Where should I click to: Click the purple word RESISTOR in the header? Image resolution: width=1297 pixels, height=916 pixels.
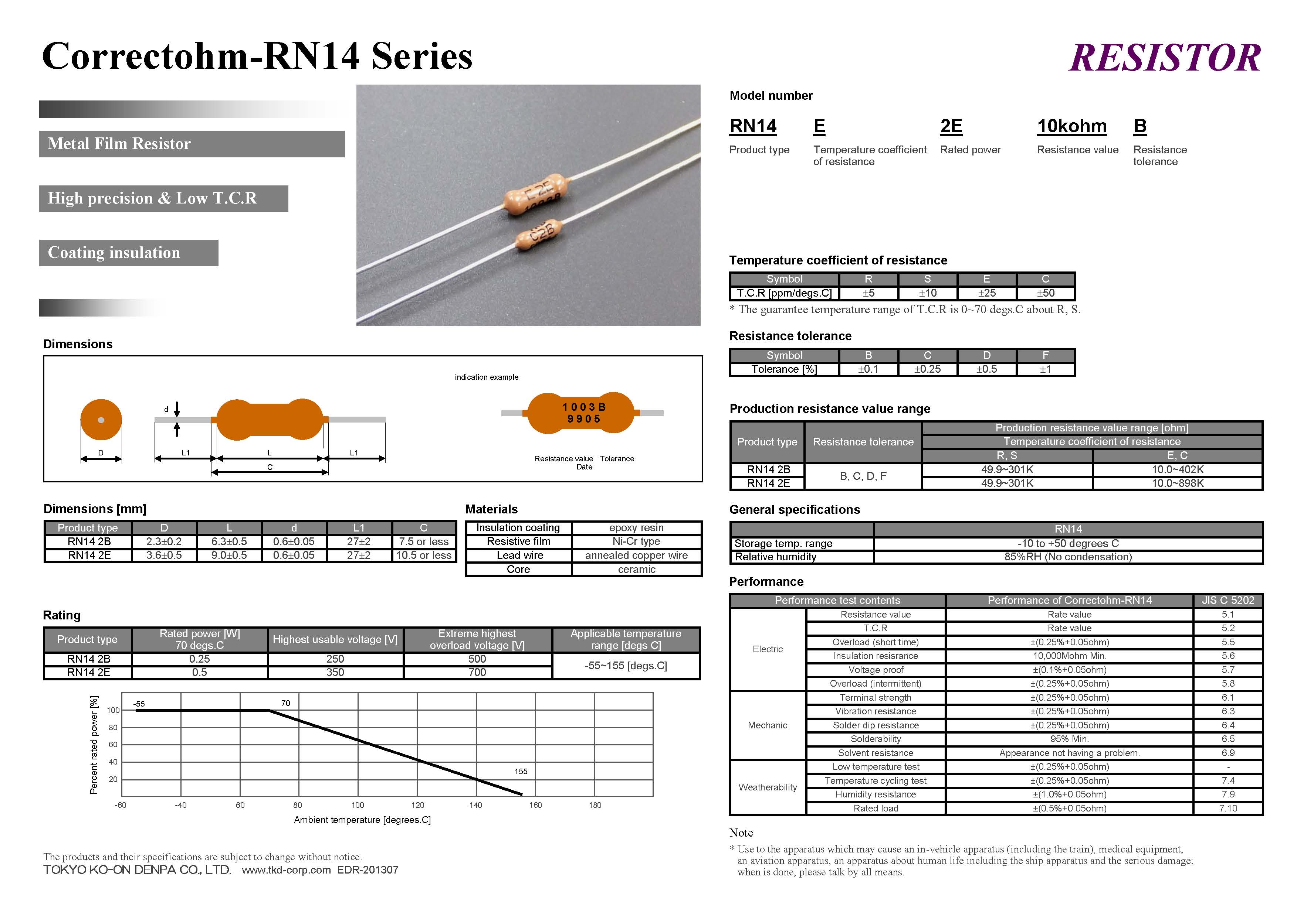1164,58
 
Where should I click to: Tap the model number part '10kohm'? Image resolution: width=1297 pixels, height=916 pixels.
1071,126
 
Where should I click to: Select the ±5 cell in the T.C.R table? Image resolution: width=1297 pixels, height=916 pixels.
868,293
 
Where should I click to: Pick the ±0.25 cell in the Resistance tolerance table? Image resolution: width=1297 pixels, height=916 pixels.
927,369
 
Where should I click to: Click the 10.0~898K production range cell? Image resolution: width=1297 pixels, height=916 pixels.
1177,483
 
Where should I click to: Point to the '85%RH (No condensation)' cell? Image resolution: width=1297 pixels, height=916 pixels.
1068,557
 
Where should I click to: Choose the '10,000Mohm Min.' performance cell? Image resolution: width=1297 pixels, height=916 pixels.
1069,656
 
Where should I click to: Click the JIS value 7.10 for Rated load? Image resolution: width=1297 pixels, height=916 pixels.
1228,808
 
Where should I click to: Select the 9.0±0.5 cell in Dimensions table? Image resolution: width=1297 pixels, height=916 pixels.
229,556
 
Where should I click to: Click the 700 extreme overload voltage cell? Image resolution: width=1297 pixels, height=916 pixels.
477,672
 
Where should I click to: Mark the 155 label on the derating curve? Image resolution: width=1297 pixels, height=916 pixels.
521,772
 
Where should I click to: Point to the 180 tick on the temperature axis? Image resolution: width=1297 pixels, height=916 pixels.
595,806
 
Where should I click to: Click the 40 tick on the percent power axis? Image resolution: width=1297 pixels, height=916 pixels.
113,762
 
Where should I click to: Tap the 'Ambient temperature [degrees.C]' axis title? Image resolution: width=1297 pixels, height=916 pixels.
362,820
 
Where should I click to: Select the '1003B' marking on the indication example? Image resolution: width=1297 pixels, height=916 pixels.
583,407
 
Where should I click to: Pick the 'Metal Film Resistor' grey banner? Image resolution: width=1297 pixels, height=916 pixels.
192,144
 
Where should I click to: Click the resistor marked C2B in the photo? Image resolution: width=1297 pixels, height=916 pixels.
540,233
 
